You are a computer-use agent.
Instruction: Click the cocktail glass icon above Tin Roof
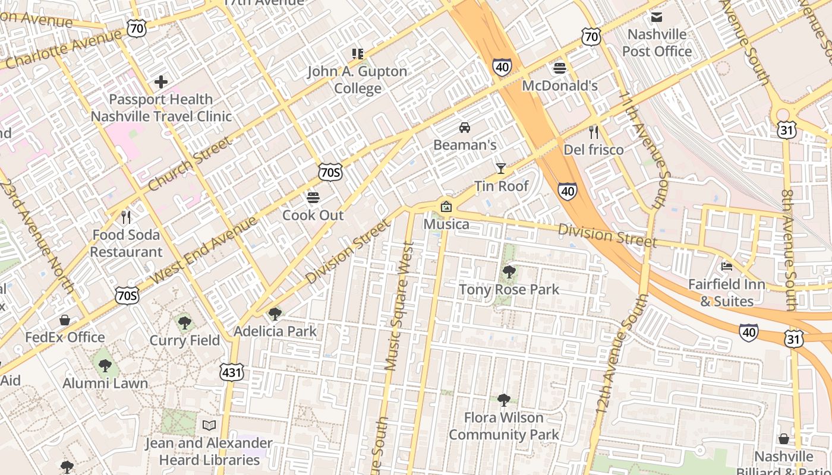(500, 169)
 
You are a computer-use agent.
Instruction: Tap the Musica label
(446, 224)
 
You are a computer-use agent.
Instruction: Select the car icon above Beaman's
(464, 128)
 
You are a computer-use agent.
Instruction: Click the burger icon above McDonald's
(559, 68)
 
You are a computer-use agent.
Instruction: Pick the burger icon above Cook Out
(313, 197)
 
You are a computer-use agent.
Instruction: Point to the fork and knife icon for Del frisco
(593, 132)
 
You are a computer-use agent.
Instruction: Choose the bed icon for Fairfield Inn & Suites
(726, 266)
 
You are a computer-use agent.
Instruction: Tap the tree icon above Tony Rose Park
(509, 272)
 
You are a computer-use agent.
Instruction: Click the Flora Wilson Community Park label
(504, 426)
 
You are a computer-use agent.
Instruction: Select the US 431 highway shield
(231, 372)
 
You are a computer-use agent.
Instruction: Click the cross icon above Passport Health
(160, 81)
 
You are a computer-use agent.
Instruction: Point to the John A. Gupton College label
(357, 80)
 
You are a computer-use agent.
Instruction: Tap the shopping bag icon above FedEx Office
(65, 320)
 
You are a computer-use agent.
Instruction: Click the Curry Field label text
(184, 341)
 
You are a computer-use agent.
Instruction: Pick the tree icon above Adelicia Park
(275, 313)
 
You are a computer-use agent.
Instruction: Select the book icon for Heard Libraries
(209, 425)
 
